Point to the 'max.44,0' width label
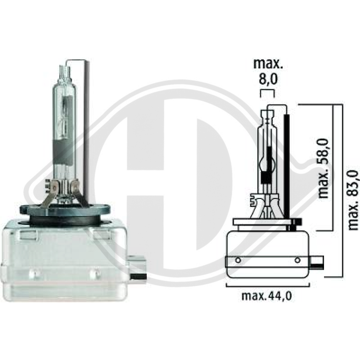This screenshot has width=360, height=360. click(266, 296)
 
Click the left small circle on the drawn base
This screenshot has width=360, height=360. click(238, 260)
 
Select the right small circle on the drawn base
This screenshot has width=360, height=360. click(297, 260)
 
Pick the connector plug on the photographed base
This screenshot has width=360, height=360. click(138, 268)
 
